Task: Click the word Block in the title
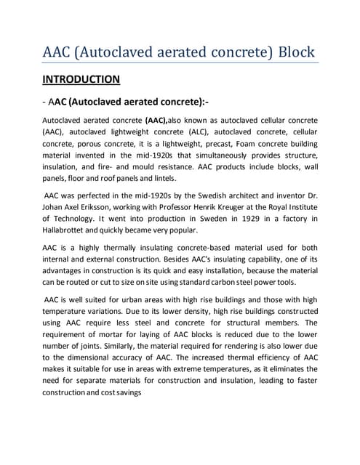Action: tap(290, 52)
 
